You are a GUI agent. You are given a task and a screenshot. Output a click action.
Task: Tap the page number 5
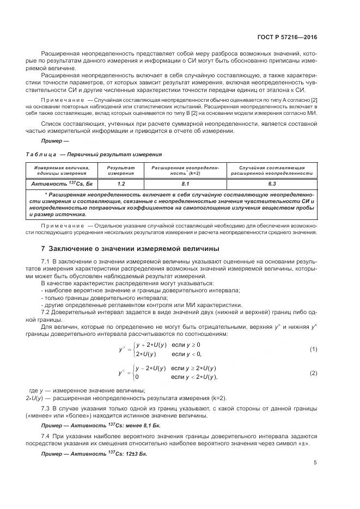click(x=315, y=463)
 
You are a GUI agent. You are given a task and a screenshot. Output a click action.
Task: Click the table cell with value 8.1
click(x=185, y=184)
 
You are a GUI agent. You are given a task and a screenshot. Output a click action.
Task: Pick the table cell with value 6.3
click(x=271, y=184)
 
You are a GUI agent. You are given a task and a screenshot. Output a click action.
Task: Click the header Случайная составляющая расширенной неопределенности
click(x=271, y=170)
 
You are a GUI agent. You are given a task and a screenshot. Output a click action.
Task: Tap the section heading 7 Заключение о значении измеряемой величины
click(x=130, y=249)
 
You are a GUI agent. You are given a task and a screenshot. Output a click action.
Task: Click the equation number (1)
click(x=313, y=349)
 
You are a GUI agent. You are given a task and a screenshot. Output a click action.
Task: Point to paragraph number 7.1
click(x=45, y=262)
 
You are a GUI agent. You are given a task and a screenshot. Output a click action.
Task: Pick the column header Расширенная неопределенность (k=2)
click(x=185, y=170)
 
